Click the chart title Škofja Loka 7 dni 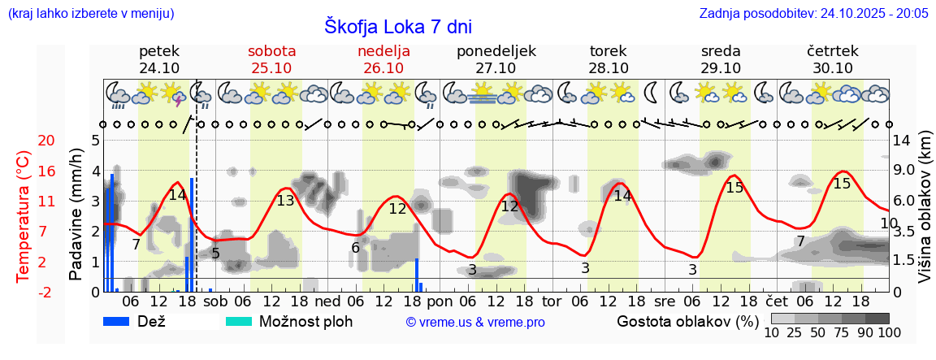(x=398, y=26)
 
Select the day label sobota (x=271, y=51)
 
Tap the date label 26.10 (x=383, y=68)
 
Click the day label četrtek (x=832, y=51)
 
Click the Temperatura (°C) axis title (x=24, y=215)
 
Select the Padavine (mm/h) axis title (x=76, y=215)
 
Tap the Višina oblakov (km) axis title (x=924, y=215)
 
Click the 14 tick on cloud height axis (x=902, y=141)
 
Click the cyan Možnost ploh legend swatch (x=239, y=321)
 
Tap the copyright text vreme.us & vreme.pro (x=474, y=323)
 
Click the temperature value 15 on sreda (x=734, y=188)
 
